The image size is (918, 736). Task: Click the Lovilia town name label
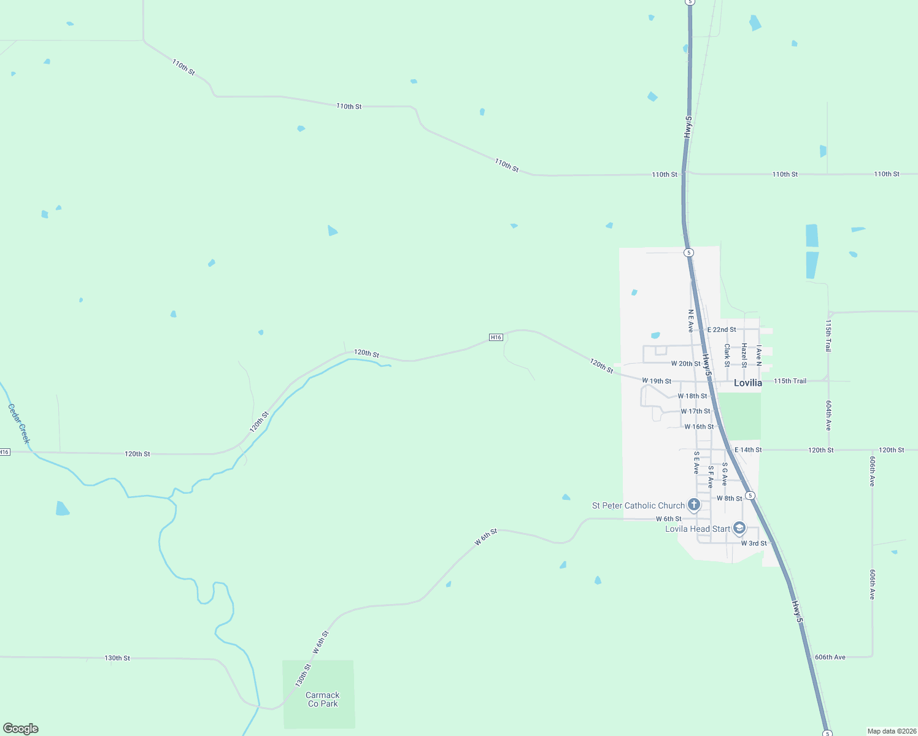click(x=748, y=383)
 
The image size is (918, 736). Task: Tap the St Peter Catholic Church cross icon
click(x=694, y=505)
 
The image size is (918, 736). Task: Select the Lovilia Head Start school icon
click(x=739, y=528)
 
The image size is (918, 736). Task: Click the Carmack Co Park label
click(x=323, y=699)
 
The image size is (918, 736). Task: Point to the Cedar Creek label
click(x=19, y=423)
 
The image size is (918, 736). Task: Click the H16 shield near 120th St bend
click(x=496, y=337)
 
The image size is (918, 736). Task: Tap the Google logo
click(x=21, y=729)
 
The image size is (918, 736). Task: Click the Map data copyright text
click(x=891, y=731)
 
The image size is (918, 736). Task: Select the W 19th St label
click(x=657, y=381)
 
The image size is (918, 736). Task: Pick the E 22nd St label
click(x=722, y=329)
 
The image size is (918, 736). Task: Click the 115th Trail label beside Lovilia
click(x=790, y=381)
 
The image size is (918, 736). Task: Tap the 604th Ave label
click(x=828, y=415)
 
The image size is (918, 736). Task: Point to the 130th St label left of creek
click(x=117, y=658)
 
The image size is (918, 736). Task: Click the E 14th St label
click(x=749, y=450)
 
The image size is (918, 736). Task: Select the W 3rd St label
click(x=754, y=543)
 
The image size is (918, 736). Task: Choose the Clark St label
click(x=727, y=355)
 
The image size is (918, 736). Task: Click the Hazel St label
click(x=744, y=355)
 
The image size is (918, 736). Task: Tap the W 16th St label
click(x=699, y=427)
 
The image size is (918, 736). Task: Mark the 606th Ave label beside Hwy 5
click(x=830, y=657)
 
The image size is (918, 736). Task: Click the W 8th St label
click(x=730, y=499)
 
